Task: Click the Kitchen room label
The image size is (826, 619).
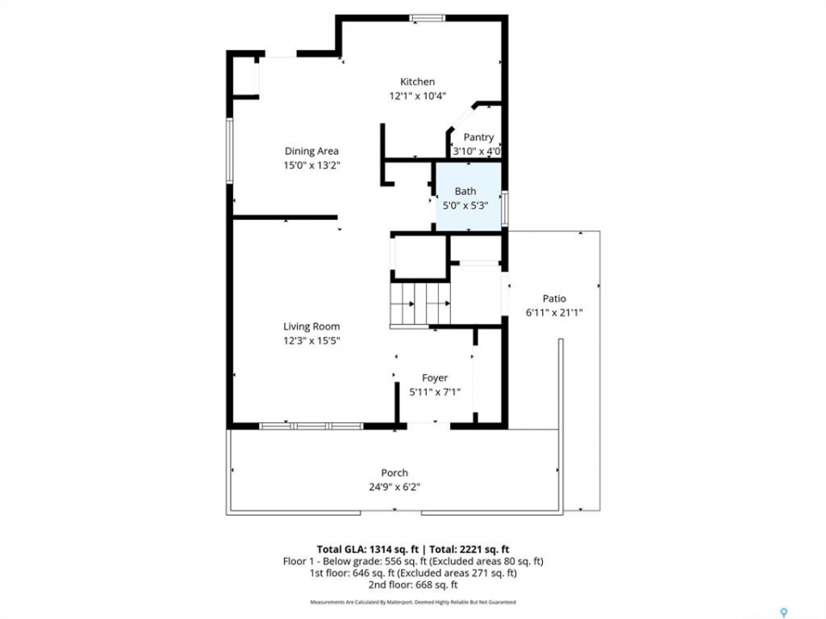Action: [417, 82]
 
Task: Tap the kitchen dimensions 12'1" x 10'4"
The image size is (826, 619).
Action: [418, 95]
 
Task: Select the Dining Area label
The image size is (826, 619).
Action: [311, 151]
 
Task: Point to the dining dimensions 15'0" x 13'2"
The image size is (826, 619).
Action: [311, 165]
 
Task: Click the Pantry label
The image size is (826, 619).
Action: [478, 138]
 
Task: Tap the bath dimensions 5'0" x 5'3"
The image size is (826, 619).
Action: [465, 205]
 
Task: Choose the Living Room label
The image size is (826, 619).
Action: [311, 327]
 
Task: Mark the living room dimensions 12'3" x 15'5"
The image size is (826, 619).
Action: [311, 340]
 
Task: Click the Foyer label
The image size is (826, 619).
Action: [435, 378]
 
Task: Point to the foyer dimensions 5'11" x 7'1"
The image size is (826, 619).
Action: [435, 392]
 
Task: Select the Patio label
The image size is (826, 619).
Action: [554, 298]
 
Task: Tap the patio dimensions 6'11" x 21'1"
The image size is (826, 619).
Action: [554, 313]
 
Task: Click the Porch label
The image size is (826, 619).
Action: [395, 473]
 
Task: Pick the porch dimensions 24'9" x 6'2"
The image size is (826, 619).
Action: [395, 487]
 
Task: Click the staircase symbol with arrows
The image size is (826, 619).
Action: [420, 303]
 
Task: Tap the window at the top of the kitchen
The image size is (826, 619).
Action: [428, 18]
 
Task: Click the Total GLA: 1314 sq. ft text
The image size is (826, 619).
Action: [367, 550]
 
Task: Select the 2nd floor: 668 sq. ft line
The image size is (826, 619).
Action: [413, 585]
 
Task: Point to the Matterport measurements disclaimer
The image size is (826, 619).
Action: [413, 602]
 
